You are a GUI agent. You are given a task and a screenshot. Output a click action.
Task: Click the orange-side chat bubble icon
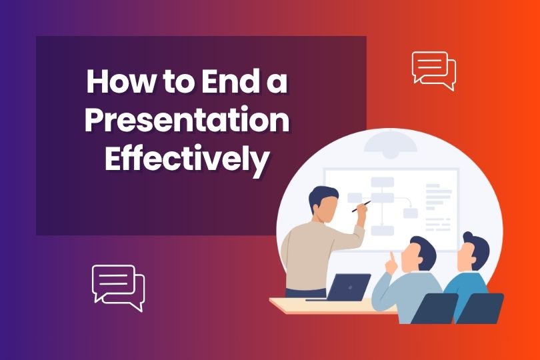(434, 71)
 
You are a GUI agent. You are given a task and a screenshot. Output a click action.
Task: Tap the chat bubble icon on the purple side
(118, 288)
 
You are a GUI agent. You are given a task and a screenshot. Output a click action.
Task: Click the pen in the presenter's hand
(361, 207)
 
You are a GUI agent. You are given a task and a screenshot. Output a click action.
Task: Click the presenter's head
(323, 204)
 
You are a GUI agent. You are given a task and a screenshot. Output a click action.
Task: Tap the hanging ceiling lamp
(390, 144)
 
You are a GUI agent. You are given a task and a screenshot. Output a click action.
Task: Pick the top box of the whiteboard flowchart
(382, 181)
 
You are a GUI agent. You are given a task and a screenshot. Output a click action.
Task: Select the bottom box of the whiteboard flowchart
(382, 231)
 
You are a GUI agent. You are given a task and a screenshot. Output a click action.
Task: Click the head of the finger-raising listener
(419, 254)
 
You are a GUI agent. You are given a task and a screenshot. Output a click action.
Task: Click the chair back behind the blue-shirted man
(479, 308)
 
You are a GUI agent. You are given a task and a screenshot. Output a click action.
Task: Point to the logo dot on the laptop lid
(350, 287)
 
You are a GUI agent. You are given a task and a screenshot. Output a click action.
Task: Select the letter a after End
(277, 85)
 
